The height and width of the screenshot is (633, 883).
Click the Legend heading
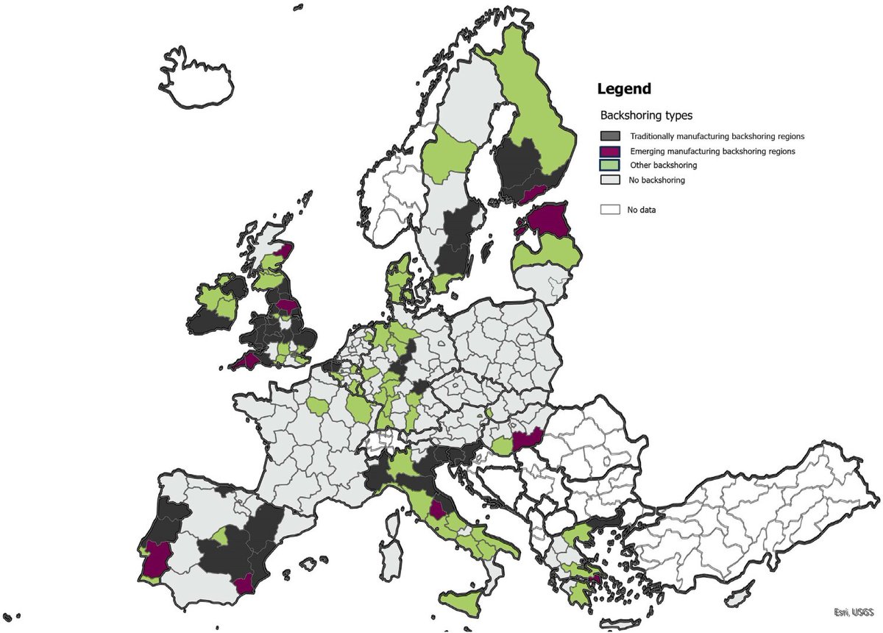624,89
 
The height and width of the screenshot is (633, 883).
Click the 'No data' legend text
641,210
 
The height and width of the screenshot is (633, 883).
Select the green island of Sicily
463,603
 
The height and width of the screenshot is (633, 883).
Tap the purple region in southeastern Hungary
528,439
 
